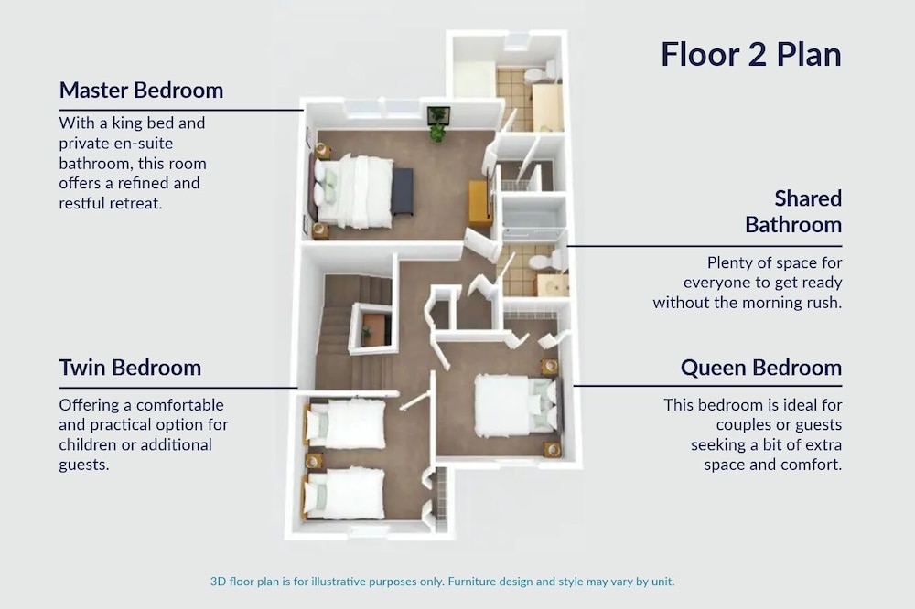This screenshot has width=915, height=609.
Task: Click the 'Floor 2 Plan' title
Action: click(x=751, y=55)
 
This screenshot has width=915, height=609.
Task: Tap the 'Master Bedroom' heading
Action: click(x=141, y=91)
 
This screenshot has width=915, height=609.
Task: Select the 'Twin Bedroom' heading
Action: click(x=130, y=368)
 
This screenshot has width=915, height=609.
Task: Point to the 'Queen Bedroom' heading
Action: click(x=761, y=368)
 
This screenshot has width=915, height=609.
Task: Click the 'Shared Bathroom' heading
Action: click(x=793, y=211)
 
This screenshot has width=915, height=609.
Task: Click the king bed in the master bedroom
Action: click(x=352, y=191)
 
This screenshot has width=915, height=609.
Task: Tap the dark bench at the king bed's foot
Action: click(x=402, y=192)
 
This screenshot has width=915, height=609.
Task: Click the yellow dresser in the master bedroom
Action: click(x=480, y=204)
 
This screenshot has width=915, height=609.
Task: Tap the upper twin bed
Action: click(x=346, y=423)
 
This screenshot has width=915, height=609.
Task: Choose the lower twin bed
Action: click(x=344, y=494)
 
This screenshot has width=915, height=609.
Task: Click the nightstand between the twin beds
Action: click(x=313, y=461)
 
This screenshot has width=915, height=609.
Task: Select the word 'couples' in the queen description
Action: click(x=737, y=425)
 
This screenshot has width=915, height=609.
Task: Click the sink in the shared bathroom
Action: click(x=553, y=285)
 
